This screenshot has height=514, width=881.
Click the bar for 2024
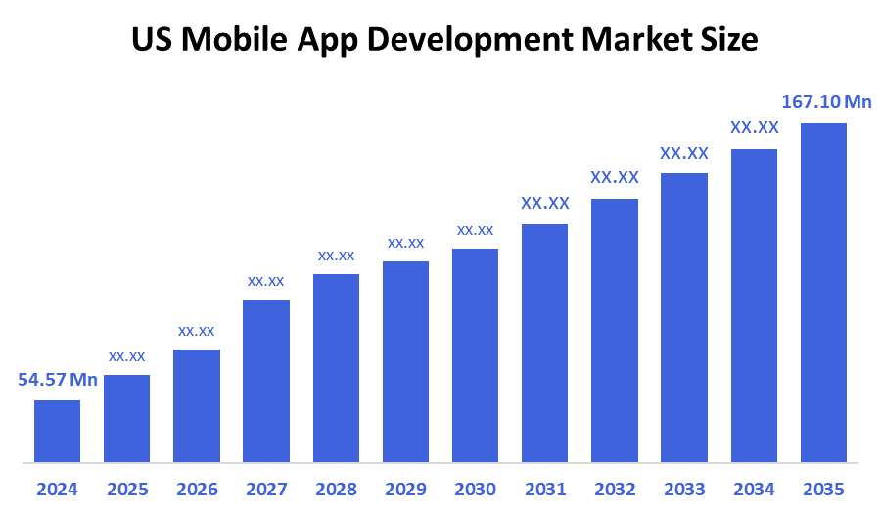(57, 431)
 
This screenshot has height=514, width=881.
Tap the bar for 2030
(475, 354)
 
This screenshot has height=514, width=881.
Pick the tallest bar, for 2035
(823, 292)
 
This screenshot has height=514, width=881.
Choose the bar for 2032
(615, 330)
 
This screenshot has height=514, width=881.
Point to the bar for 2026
(197, 405)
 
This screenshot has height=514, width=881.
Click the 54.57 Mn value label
(58, 380)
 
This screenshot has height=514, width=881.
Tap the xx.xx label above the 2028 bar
(336, 256)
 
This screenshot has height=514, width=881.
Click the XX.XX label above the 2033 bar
(684, 153)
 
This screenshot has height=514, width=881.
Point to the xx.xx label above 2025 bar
(127, 356)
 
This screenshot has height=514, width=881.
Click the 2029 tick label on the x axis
(405, 489)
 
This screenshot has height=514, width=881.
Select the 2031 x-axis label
(544, 489)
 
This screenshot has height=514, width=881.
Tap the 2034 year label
(754, 489)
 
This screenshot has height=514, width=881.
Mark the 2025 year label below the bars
(127, 489)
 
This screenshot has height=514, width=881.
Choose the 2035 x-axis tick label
(823, 489)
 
